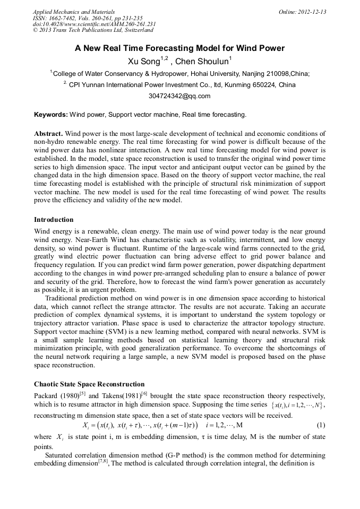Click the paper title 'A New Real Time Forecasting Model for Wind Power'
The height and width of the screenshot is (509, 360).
(179, 48)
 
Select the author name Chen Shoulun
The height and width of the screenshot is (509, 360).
(204, 61)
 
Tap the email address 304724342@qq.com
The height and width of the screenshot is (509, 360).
(179, 96)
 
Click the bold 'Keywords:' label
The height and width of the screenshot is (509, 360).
(51, 115)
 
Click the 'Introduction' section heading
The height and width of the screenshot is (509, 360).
(54, 219)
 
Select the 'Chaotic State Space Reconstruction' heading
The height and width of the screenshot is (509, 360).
(89, 384)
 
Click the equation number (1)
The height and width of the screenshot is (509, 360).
(321, 425)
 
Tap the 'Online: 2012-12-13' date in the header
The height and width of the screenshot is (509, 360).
(302, 12)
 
